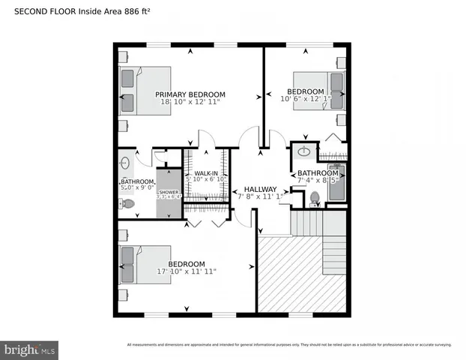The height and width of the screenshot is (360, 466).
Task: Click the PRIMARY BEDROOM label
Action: coord(190,95)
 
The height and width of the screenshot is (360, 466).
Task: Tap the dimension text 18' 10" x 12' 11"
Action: coord(190,103)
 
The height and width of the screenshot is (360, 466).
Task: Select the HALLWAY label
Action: coord(261,189)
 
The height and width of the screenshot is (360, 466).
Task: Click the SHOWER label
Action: coord(169,193)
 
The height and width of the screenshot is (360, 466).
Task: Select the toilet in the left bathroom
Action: coord(128,203)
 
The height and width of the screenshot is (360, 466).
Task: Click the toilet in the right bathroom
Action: coord(315,198)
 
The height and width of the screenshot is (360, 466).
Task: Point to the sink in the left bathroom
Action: coord(125,163)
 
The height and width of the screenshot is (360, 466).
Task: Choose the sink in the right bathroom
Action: coord(304,151)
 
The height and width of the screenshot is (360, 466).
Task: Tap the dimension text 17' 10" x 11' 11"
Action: coord(187,271)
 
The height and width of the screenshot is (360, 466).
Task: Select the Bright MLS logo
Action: coord(30,349)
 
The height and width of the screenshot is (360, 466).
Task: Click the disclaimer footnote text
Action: coord(289,345)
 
